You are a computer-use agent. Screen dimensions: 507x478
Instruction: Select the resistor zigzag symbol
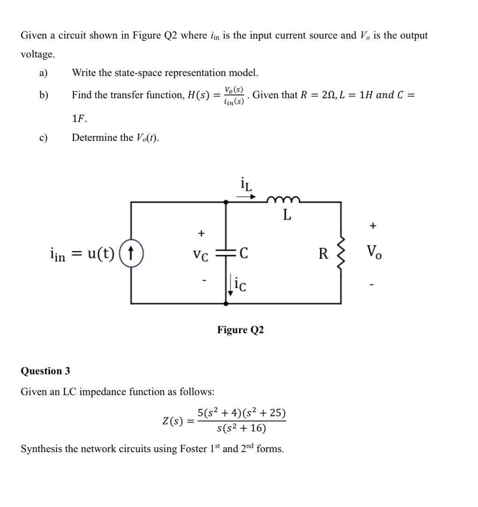tap(341, 253)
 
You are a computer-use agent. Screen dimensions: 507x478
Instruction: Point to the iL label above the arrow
tap(246, 184)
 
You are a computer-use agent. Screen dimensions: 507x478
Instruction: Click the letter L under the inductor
tap(287, 215)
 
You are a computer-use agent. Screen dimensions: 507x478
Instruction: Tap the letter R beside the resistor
tap(324, 254)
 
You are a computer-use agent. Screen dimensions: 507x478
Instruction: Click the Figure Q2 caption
tap(240, 330)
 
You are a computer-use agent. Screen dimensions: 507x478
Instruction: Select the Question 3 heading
tap(46, 371)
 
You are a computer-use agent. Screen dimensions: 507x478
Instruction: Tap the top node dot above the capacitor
tap(226, 202)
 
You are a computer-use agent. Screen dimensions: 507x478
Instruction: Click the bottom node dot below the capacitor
tap(226, 304)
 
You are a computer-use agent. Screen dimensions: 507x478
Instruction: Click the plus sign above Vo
tap(372, 226)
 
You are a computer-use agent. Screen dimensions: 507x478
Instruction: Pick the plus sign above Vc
tap(201, 233)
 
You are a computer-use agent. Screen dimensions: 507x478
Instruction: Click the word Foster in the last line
tap(193, 449)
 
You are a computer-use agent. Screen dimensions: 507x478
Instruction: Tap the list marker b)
tap(44, 95)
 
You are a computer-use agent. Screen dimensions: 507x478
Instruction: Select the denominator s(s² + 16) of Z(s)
tap(242, 428)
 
